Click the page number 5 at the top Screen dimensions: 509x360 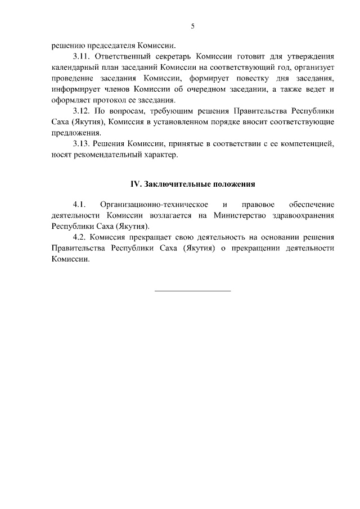[192, 26]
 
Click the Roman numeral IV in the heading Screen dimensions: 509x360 [135, 183]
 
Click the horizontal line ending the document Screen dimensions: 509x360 [192, 290]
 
